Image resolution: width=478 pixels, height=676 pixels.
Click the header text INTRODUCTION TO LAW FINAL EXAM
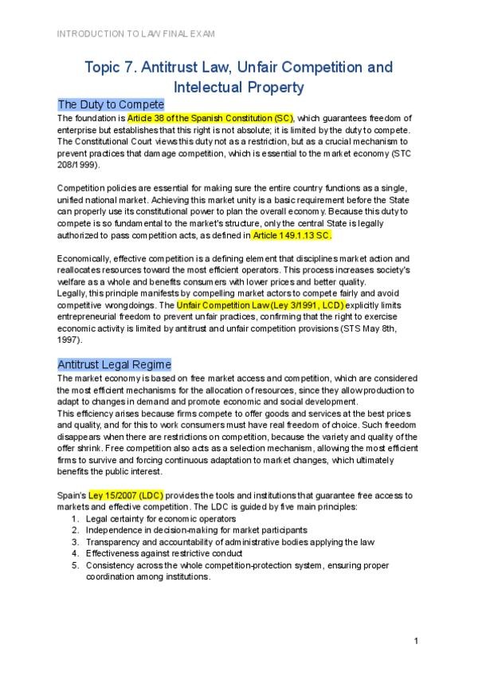pos(135,33)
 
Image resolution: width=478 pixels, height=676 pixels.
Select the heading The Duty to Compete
pos(111,104)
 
